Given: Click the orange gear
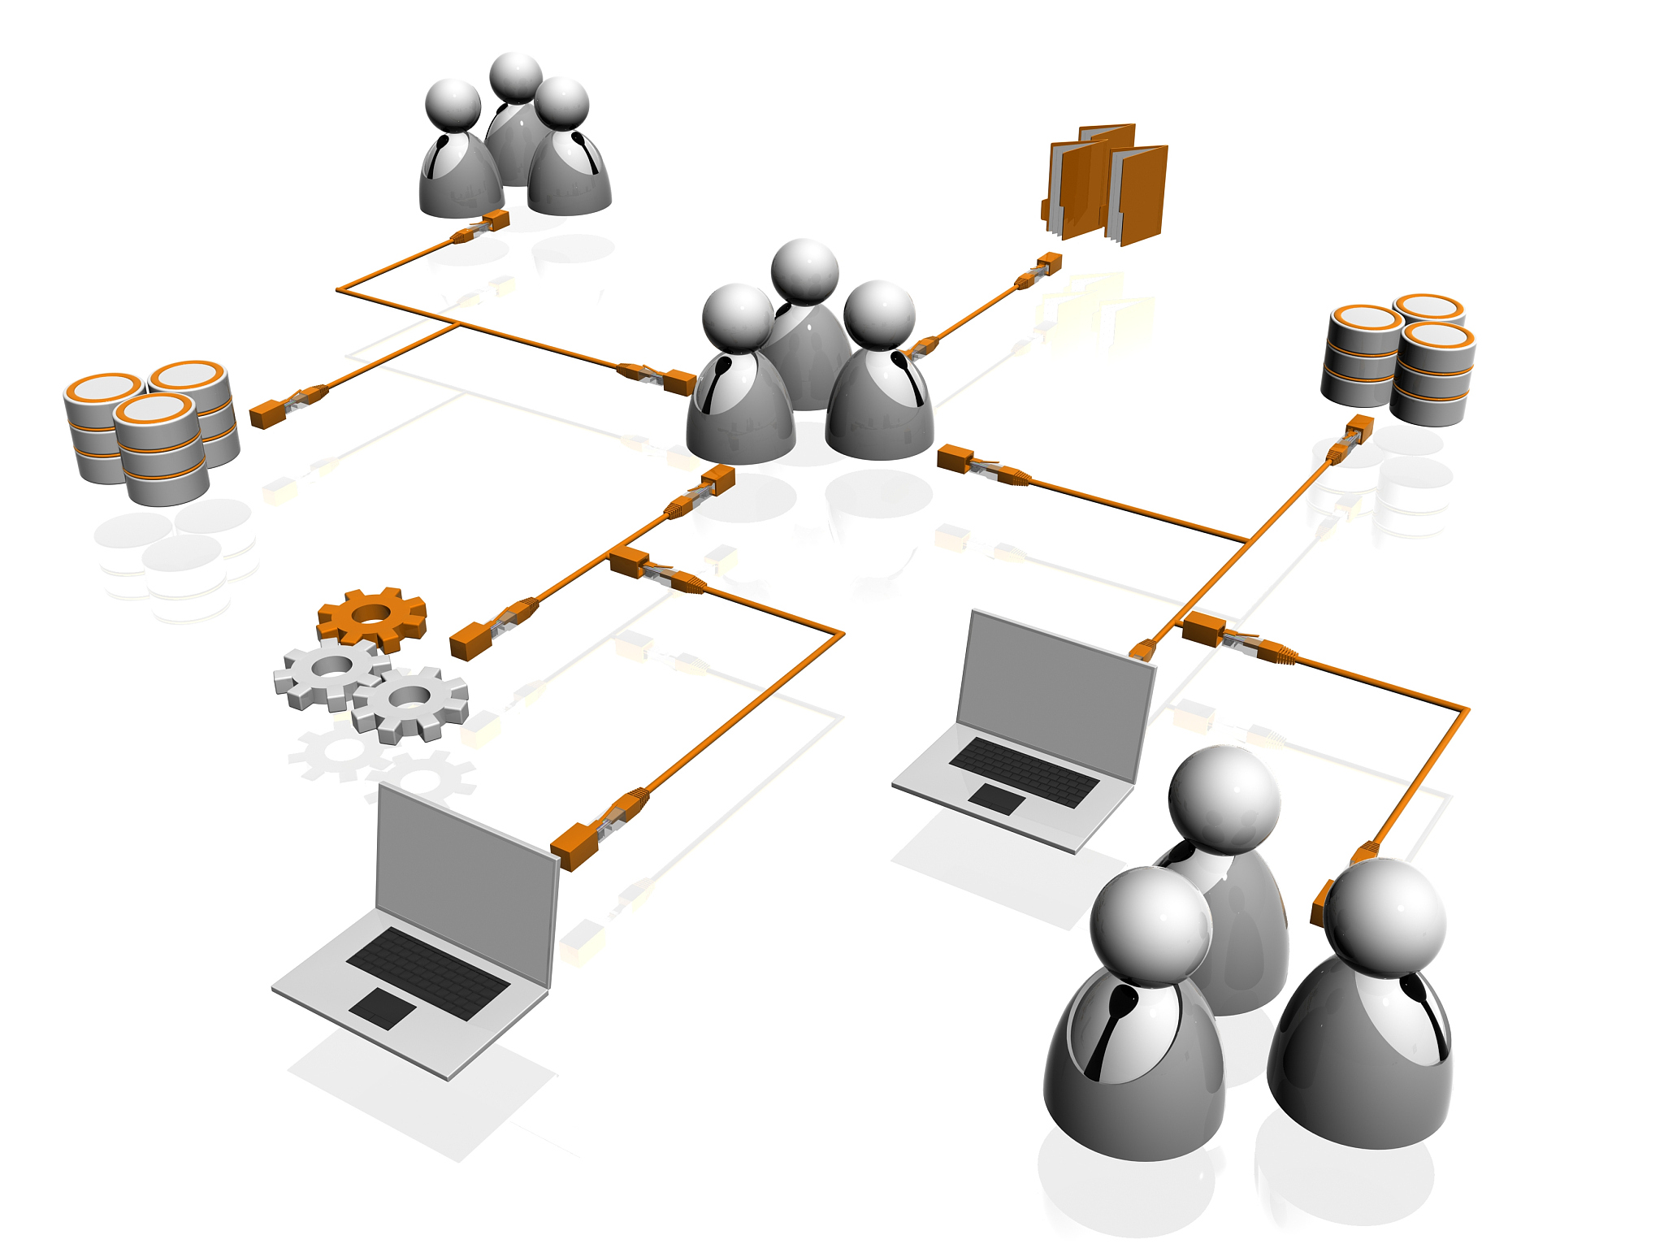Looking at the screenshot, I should pyautogui.click(x=372, y=617).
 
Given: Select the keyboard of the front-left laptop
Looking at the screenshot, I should pyautogui.click(x=428, y=973).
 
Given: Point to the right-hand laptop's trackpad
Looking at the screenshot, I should pyautogui.click(x=997, y=799).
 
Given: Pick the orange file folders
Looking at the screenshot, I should pyautogui.click(x=1107, y=184).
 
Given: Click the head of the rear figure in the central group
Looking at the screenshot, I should pyautogui.click(x=804, y=271).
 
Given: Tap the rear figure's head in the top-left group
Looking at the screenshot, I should pyautogui.click(x=516, y=78).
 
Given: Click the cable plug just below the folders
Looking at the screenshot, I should pyautogui.click(x=1049, y=263).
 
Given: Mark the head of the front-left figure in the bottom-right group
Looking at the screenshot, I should pyautogui.click(x=1150, y=927).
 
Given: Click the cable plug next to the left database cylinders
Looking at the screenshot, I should pyautogui.click(x=266, y=414).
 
